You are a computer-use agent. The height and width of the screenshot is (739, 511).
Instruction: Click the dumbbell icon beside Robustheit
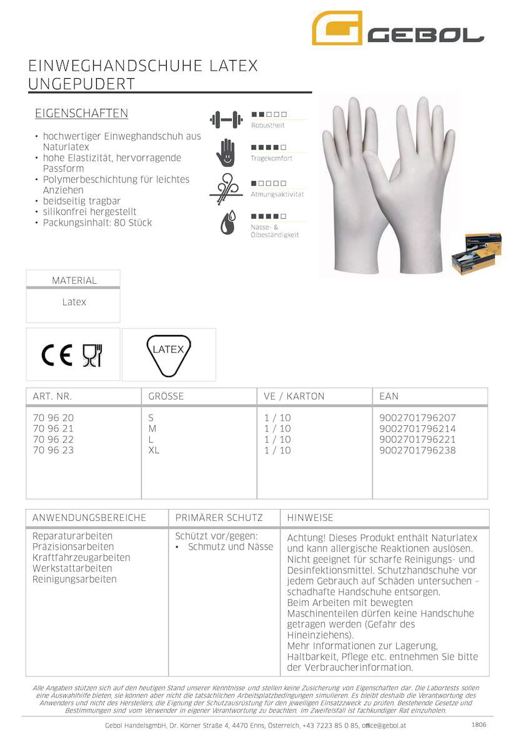pyautogui.click(x=226, y=118)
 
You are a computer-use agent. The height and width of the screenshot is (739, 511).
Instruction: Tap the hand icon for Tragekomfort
pyautogui.click(x=226, y=152)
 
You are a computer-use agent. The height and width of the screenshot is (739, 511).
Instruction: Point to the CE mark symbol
pyautogui.click(x=57, y=355)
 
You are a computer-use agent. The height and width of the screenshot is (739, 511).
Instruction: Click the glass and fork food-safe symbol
pyautogui.click(x=92, y=355)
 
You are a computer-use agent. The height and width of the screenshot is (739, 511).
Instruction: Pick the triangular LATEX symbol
pyautogui.click(x=168, y=354)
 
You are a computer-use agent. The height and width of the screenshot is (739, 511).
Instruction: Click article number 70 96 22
pyautogui.click(x=52, y=440)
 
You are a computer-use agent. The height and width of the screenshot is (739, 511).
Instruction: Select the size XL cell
pyautogui.click(x=154, y=450)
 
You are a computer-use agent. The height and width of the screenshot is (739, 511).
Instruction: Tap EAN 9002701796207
pyautogui.click(x=417, y=418)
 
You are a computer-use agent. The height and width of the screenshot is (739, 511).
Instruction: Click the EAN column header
pyautogui.click(x=389, y=396)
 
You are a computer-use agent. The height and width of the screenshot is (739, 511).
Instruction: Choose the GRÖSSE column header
pyautogui.click(x=166, y=396)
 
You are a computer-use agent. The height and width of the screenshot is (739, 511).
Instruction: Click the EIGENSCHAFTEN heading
pyautogui.click(x=81, y=113)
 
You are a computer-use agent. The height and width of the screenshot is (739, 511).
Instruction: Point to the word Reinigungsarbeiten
pyautogui.click(x=74, y=579)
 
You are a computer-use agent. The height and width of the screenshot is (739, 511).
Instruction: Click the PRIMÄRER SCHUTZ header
pyautogui.click(x=219, y=518)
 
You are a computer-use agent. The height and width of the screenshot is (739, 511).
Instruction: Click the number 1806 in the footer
pyautogui.click(x=478, y=724)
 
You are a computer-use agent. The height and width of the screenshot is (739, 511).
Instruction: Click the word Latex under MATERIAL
pyautogui.click(x=74, y=302)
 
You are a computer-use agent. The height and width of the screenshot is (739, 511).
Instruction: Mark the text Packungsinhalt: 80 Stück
pyautogui.click(x=97, y=223)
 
